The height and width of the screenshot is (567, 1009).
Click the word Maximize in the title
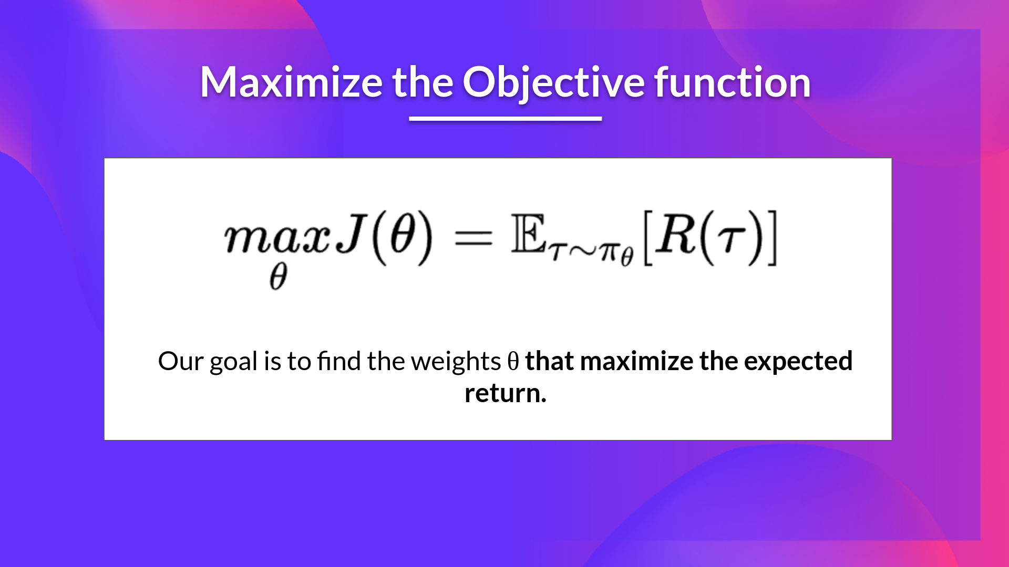291,83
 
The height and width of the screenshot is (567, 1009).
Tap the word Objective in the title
553,83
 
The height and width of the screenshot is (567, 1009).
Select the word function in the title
732,83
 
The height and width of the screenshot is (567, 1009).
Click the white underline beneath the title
505,119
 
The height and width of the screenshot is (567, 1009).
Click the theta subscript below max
278,276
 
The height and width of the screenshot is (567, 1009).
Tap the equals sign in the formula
473,239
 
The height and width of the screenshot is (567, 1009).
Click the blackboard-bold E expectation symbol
529,235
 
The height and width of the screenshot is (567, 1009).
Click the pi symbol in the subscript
610,253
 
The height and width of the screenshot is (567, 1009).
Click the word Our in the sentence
180,361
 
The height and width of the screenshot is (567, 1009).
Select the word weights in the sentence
456,361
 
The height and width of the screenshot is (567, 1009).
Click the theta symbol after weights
513,361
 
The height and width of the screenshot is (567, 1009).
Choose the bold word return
505,393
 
